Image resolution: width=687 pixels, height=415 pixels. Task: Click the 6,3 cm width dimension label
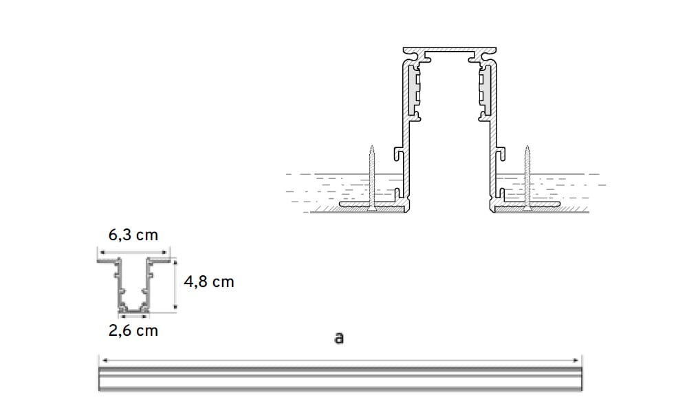tap(133, 235)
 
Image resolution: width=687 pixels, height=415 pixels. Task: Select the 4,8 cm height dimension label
tap(209, 281)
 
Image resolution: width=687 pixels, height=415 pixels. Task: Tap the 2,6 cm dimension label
tap(133, 330)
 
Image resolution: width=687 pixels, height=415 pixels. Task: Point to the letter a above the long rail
tap(338, 338)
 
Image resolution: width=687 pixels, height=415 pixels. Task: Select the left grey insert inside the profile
tap(415, 90)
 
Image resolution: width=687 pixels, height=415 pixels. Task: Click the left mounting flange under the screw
tap(368, 204)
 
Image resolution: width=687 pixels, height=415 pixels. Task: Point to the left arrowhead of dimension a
tap(104, 359)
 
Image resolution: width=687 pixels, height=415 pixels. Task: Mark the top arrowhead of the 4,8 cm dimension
tap(175, 262)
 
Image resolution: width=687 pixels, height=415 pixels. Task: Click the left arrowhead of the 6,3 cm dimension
tap(102, 253)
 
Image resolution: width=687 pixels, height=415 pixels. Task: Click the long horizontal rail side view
tap(340, 379)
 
